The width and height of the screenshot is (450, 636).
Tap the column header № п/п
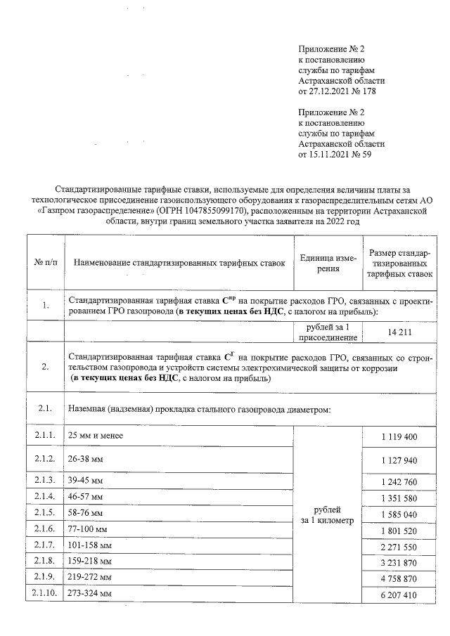pyautogui.click(x=45, y=263)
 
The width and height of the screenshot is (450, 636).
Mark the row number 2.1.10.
pyautogui.click(x=45, y=594)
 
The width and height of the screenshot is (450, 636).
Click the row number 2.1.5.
pyautogui.click(x=45, y=513)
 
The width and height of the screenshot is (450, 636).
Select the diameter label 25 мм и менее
pyautogui.click(x=96, y=436)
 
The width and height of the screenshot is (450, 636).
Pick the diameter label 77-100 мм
pyautogui.click(x=88, y=529)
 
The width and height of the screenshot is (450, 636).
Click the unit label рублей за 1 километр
pyautogui.click(x=326, y=514)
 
